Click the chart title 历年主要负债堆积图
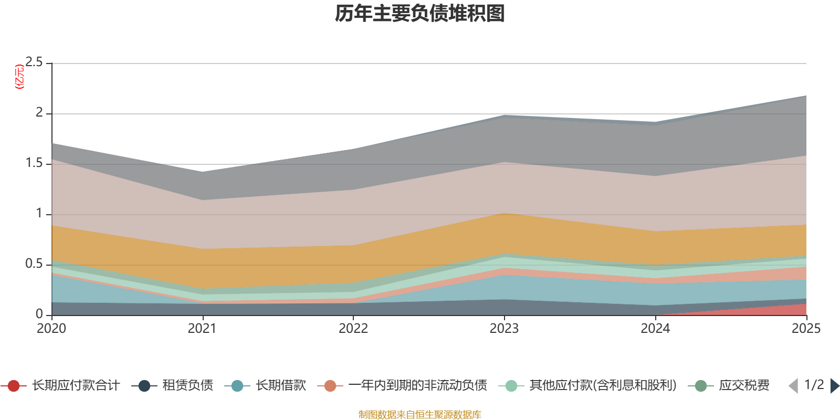(x=420, y=14)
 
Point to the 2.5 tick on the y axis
(x=35, y=62)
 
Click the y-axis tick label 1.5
(x=35, y=163)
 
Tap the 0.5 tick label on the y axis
(x=35, y=264)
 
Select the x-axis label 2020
(x=51, y=329)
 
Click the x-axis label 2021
(x=202, y=329)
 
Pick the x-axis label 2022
(x=353, y=329)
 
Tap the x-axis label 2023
(x=504, y=329)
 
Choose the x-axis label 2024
(x=655, y=329)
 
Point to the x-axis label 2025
(x=806, y=329)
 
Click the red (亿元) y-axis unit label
(x=20, y=77)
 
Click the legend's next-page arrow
(x=835, y=386)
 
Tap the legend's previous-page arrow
(x=793, y=386)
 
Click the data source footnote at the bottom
(x=420, y=415)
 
